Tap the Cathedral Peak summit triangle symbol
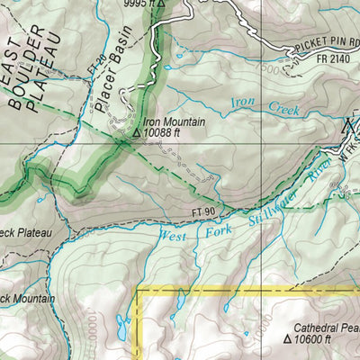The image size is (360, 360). coord(288,341)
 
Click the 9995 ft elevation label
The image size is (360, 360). coord(139,4)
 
